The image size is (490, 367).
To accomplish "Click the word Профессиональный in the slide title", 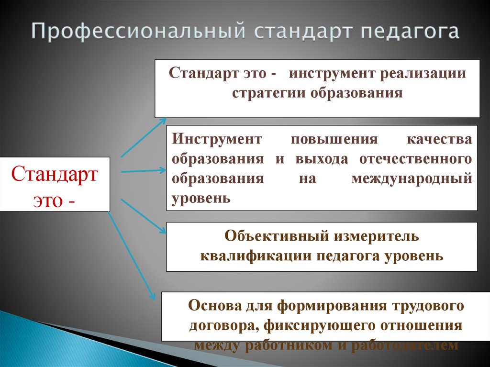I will coord(139,32).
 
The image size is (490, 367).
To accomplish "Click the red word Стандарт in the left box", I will coord(55,174).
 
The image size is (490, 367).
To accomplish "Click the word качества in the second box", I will coord(439,139).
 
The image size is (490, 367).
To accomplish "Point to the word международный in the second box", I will coord(412,178).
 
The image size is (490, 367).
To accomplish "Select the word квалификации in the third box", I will coord(256,256).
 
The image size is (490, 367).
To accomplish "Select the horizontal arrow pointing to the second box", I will coord(144,171).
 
